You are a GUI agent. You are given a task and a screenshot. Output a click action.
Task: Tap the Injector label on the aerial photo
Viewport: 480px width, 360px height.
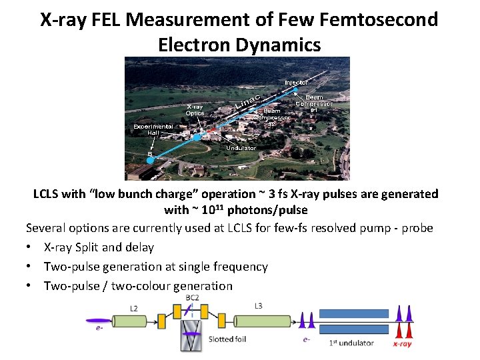(297, 83)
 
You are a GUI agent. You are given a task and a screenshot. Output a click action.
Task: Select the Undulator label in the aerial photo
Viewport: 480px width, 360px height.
(241, 147)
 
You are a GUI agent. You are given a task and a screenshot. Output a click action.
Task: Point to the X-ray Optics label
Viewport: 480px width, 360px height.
(195, 110)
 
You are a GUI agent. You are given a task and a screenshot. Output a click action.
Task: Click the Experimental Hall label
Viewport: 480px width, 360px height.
(153, 129)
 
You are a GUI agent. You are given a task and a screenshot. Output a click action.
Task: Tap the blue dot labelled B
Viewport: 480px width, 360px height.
(151, 160)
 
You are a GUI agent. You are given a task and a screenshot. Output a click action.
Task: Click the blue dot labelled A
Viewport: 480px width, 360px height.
(197, 137)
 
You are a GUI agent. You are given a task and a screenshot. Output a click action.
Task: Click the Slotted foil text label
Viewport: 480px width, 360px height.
(227, 339)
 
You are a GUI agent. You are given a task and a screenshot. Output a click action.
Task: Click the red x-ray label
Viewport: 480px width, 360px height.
(402, 344)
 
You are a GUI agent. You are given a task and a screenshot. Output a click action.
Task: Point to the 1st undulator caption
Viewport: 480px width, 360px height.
(351, 343)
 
